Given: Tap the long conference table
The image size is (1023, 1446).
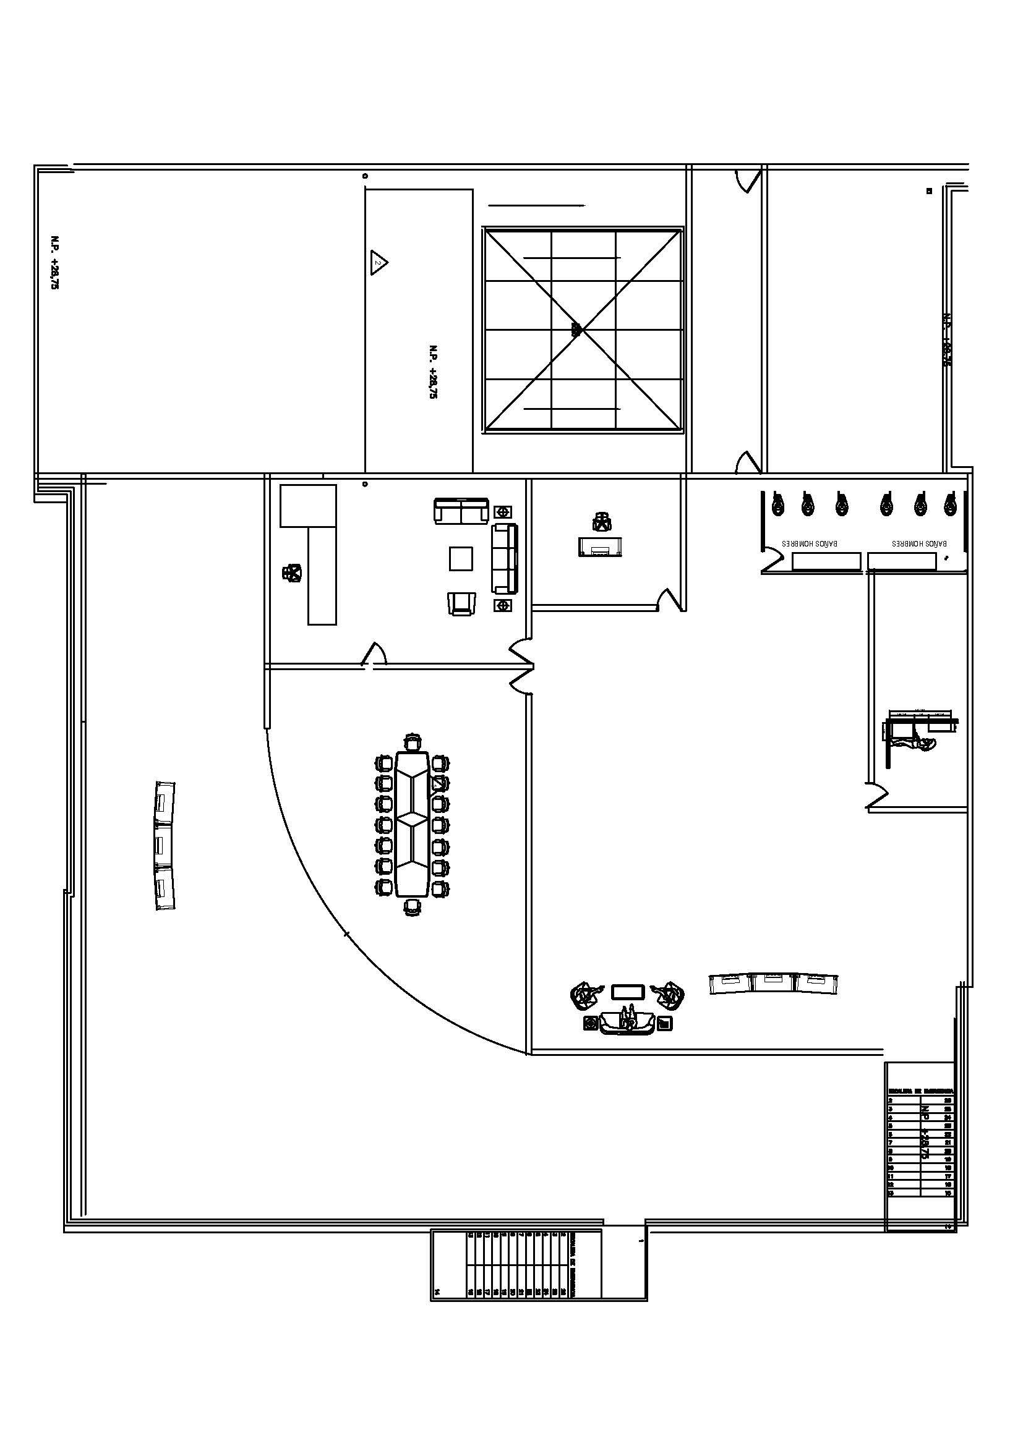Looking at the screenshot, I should [412, 823].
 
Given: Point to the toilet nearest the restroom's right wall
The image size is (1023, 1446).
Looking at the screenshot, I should [951, 504].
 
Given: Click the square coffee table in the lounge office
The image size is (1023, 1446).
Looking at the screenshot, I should [461, 559].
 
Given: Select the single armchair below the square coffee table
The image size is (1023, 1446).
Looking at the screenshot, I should [462, 603].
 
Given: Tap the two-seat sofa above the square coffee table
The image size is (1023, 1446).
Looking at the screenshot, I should [461, 510].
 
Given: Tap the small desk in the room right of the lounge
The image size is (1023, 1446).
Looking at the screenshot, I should [601, 547].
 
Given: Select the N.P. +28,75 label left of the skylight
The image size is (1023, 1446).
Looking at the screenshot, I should [433, 372].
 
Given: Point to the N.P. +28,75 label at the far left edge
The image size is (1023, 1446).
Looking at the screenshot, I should [55, 262].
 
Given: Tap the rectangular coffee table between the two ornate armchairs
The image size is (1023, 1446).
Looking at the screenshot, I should [627, 992].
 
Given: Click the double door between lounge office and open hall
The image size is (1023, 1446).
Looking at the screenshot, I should [521, 666].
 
